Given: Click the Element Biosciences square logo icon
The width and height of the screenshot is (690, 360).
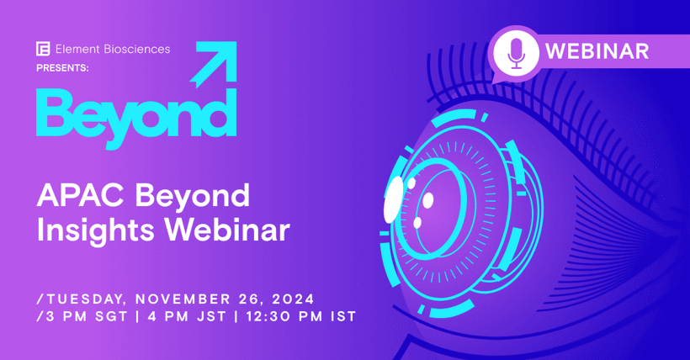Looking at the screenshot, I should click(x=43, y=49).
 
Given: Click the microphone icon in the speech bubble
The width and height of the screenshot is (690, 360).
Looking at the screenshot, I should click(x=516, y=53).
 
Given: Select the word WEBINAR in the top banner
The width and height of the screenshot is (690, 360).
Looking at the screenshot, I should click(x=597, y=51).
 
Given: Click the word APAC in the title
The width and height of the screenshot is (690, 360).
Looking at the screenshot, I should click(x=70, y=197).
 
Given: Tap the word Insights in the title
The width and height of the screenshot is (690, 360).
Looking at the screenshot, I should click(x=88, y=230).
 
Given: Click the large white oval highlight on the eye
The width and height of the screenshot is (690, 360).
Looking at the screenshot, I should click(x=393, y=199).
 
